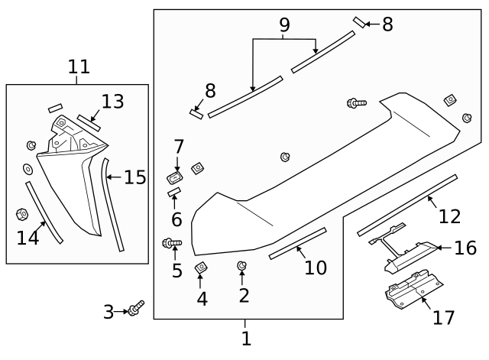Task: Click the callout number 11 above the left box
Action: [79, 67]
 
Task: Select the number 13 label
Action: [112, 102]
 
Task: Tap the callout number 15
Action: [134, 178]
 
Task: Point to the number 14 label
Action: [28, 238]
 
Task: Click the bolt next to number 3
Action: [137, 308]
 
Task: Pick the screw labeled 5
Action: [172, 244]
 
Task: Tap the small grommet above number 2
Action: [241, 265]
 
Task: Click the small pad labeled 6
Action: [173, 191]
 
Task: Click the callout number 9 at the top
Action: [284, 26]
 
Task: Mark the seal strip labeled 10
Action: [297, 243]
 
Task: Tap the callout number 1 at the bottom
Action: [246, 337]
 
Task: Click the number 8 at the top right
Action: [387, 24]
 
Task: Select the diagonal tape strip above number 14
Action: [43, 212]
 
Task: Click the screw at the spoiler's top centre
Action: [357, 102]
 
